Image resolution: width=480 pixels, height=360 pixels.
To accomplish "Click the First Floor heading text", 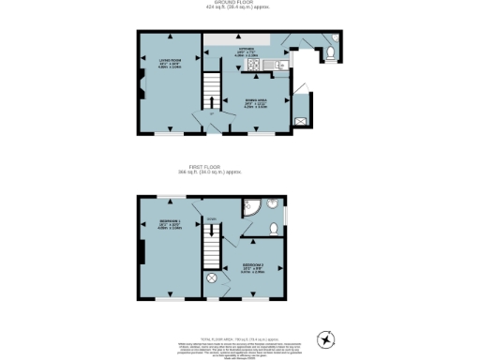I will [239, 169].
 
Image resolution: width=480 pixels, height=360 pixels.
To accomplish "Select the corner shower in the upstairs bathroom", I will [251, 208].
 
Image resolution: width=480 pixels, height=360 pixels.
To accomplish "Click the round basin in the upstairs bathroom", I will [270, 208].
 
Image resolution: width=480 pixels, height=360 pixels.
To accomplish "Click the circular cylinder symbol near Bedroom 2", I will [211, 278].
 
